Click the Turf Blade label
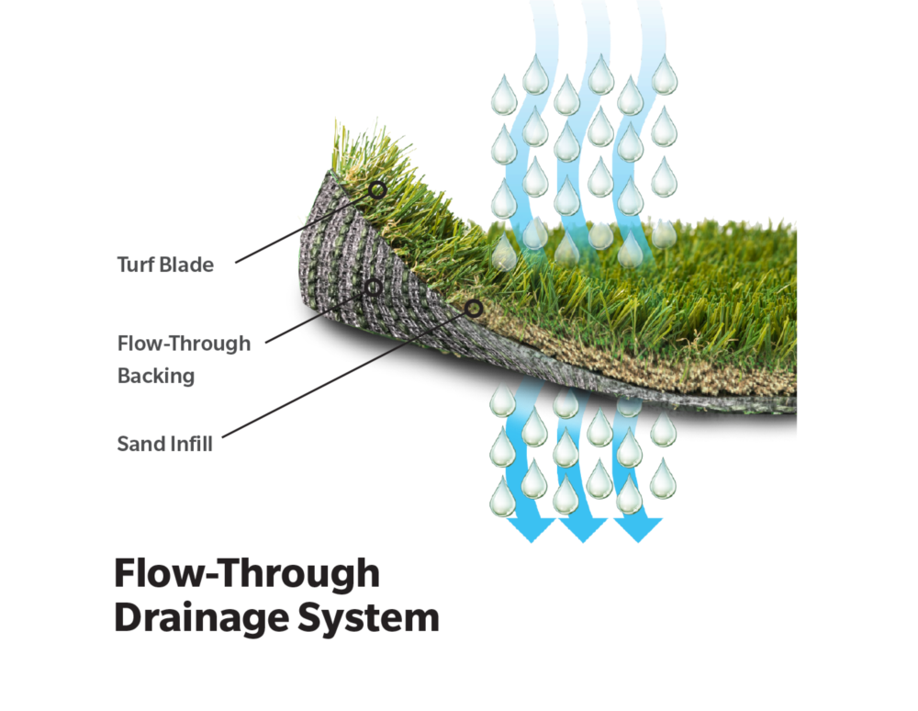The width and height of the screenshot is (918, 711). pyautogui.click(x=165, y=265)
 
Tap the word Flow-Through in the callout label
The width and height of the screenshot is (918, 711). pyautogui.click(x=184, y=344)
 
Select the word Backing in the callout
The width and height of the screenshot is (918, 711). pyautogui.click(x=155, y=376)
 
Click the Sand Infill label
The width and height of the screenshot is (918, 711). pyautogui.click(x=165, y=445)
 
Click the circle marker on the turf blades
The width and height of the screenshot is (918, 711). pyautogui.click(x=377, y=190)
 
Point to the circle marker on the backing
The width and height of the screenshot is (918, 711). pyautogui.click(x=374, y=288)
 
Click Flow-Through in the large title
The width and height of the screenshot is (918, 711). pyautogui.click(x=246, y=573)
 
